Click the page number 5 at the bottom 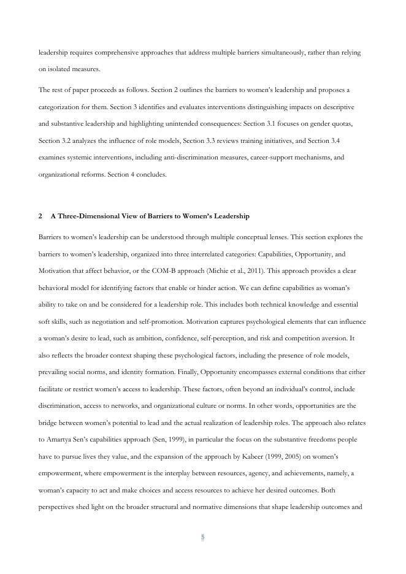point(202,537)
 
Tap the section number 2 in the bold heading point(40,216)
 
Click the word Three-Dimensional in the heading point(85,216)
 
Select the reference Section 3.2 point(56,140)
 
